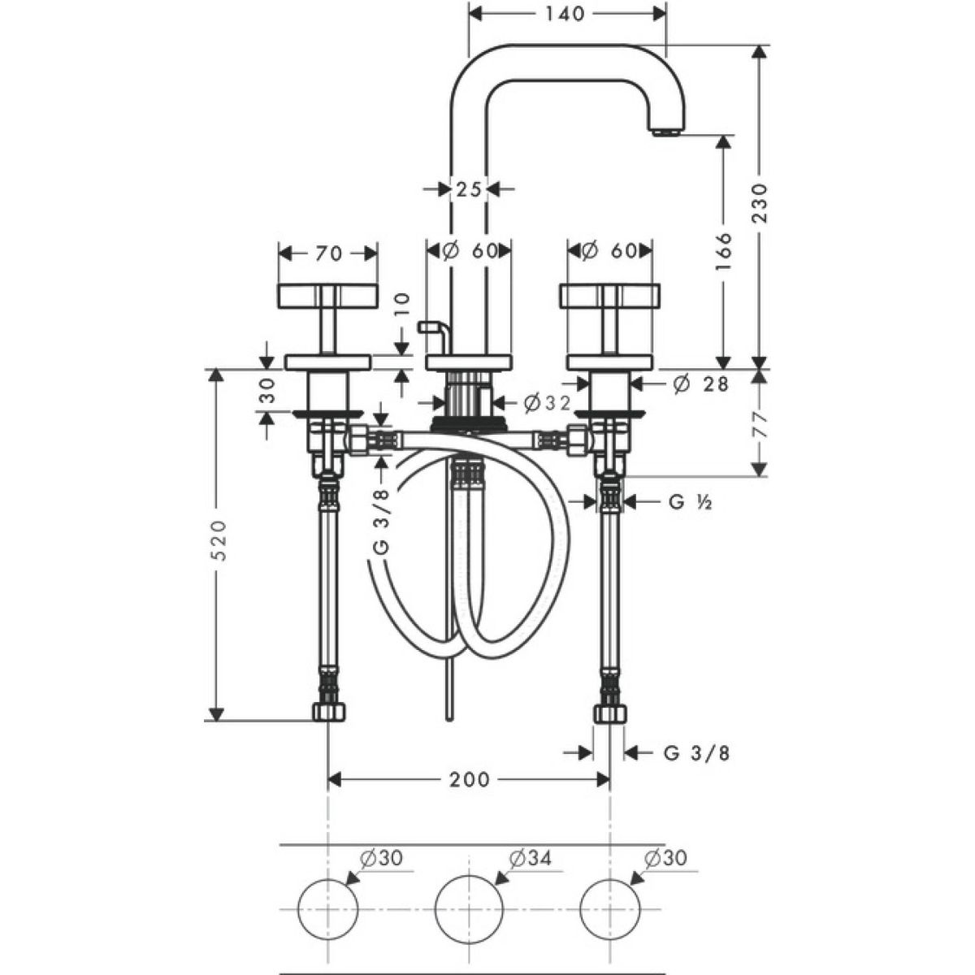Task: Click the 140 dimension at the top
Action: [x=565, y=14]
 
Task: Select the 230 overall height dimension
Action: [x=760, y=203]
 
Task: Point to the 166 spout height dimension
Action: [x=724, y=251]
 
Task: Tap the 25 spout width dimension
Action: [x=468, y=189]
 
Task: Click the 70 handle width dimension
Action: [x=328, y=253]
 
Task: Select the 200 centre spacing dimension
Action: [x=469, y=780]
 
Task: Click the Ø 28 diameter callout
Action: [x=700, y=384]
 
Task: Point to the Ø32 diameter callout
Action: [x=547, y=403]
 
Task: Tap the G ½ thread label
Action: [x=691, y=502]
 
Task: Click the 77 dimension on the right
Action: [x=759, y=423]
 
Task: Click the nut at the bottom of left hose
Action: [x=328, y=712]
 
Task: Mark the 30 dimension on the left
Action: [x=267, y=390]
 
